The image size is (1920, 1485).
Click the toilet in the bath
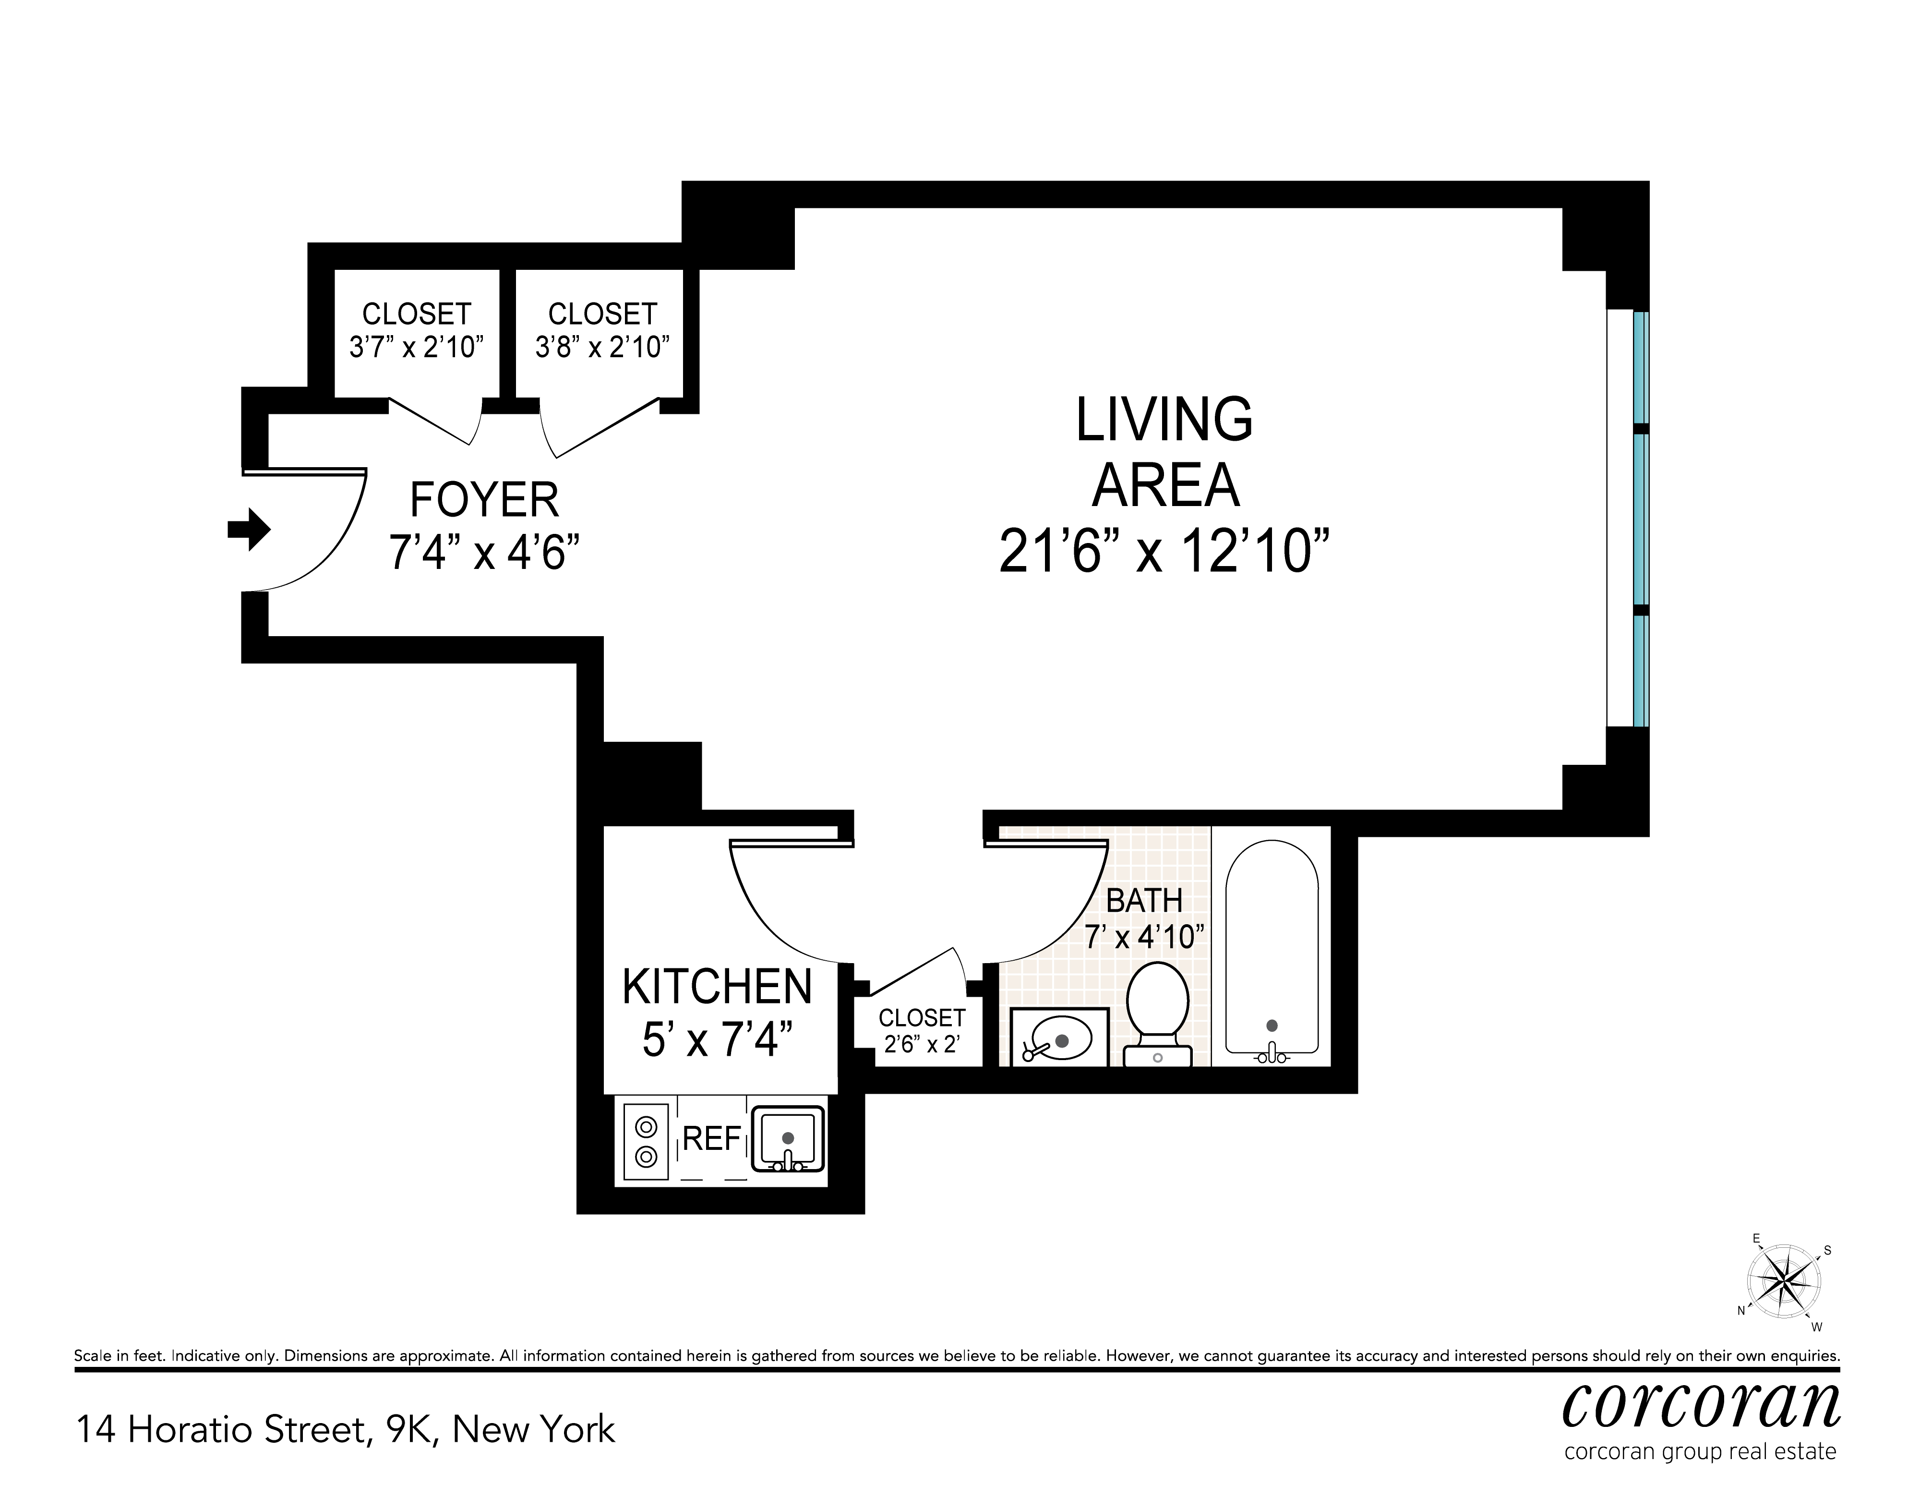1158,1013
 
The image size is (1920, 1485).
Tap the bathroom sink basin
1059,1038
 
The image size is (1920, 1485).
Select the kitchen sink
788,1138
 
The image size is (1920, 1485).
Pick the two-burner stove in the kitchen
646,1140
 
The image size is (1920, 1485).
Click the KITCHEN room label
718,987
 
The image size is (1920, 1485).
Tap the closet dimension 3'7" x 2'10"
417,347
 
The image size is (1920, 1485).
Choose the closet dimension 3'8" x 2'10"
602,347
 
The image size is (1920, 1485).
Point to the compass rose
1782,1284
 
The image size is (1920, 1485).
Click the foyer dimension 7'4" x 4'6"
484,553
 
